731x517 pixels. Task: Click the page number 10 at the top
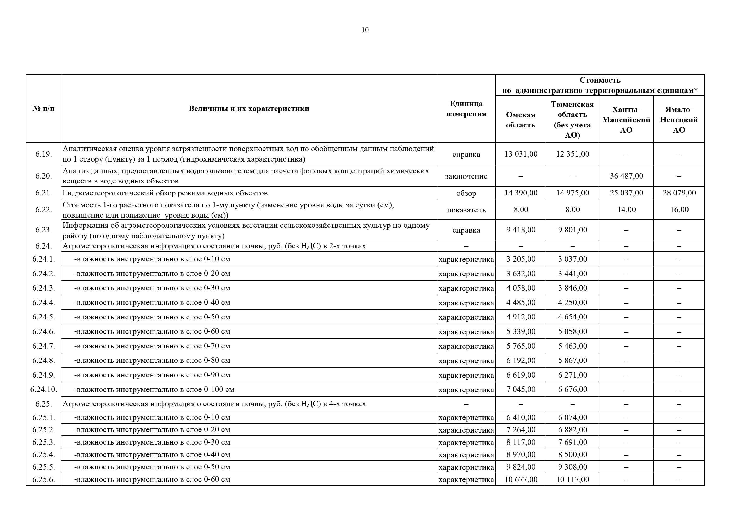click(365, 30)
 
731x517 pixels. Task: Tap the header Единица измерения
click(466, 109)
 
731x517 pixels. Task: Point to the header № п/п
click(43, 109)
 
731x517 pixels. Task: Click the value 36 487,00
click(626, 176)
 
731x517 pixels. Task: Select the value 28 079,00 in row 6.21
click(679, 193)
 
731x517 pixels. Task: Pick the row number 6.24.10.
click(44, 389)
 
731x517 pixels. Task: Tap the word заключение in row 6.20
click(466, 176)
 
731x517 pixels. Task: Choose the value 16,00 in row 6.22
click(679, 209)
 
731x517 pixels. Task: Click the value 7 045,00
click(521, 389)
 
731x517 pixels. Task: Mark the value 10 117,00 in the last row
click(572, 479)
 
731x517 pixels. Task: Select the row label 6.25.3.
click(44, 442)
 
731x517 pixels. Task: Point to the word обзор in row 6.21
click(466, 193)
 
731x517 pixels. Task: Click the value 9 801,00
click(572, 230)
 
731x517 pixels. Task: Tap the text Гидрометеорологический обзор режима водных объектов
click(165, 193)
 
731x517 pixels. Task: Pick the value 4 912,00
click(521, 317)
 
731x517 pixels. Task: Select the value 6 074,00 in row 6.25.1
click(572, 417)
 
